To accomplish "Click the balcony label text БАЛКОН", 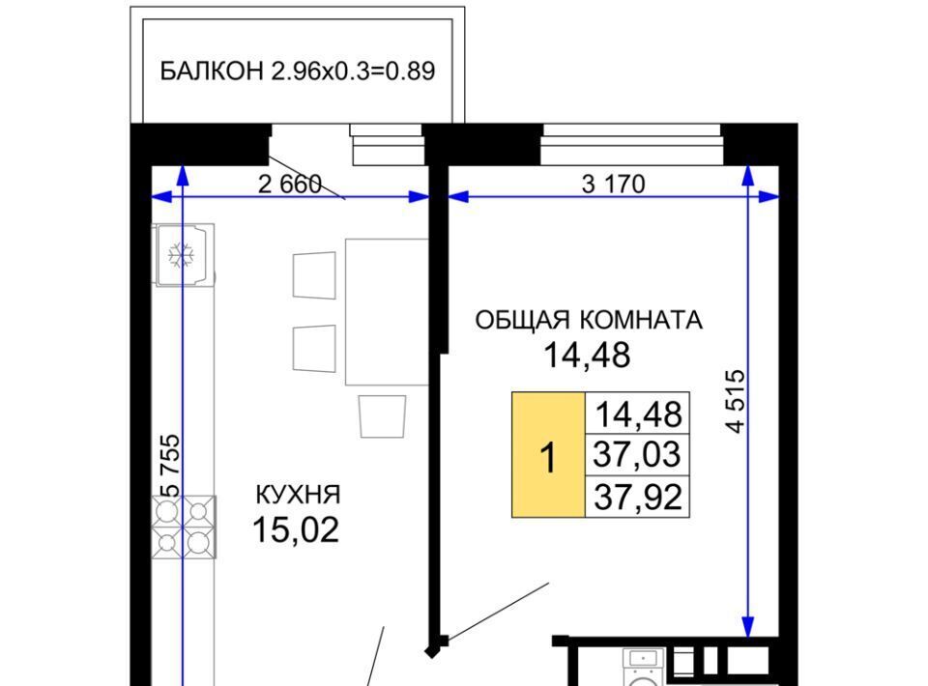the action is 212,71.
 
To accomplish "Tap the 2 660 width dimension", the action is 290,185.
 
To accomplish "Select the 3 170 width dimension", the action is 613,184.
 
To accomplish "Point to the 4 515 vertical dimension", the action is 736,402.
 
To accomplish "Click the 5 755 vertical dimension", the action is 170,467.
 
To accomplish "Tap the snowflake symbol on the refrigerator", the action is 181,255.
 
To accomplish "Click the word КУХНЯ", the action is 299,495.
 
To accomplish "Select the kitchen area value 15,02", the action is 296,529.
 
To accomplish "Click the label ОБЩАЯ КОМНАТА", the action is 589,320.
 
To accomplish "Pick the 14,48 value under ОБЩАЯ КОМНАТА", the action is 587,356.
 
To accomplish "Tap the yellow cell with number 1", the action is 549,455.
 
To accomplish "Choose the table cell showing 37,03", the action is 637,455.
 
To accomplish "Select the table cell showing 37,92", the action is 637,497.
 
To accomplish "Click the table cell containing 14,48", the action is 637,414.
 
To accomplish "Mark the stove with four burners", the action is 184,527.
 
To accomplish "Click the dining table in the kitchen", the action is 387,312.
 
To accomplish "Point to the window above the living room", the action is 632,144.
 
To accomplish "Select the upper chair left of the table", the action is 314,275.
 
